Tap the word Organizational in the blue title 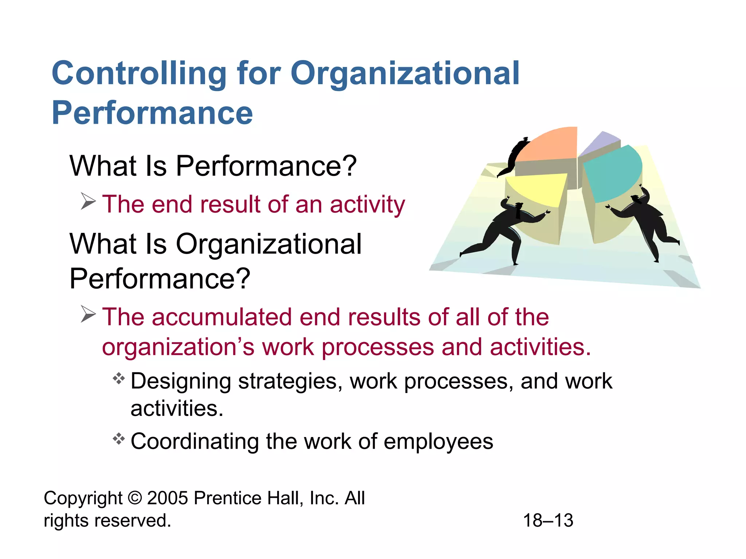[405, 74]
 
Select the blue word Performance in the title [152, 113]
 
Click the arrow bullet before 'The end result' [88, 201]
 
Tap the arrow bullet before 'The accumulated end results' [88, 314]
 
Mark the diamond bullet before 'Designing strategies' [119, 379]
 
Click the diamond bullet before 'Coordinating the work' [119, 439]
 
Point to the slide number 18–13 [548, 520]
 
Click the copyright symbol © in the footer [135, 498]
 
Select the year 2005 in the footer [168, 498]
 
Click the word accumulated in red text [222, 317]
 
